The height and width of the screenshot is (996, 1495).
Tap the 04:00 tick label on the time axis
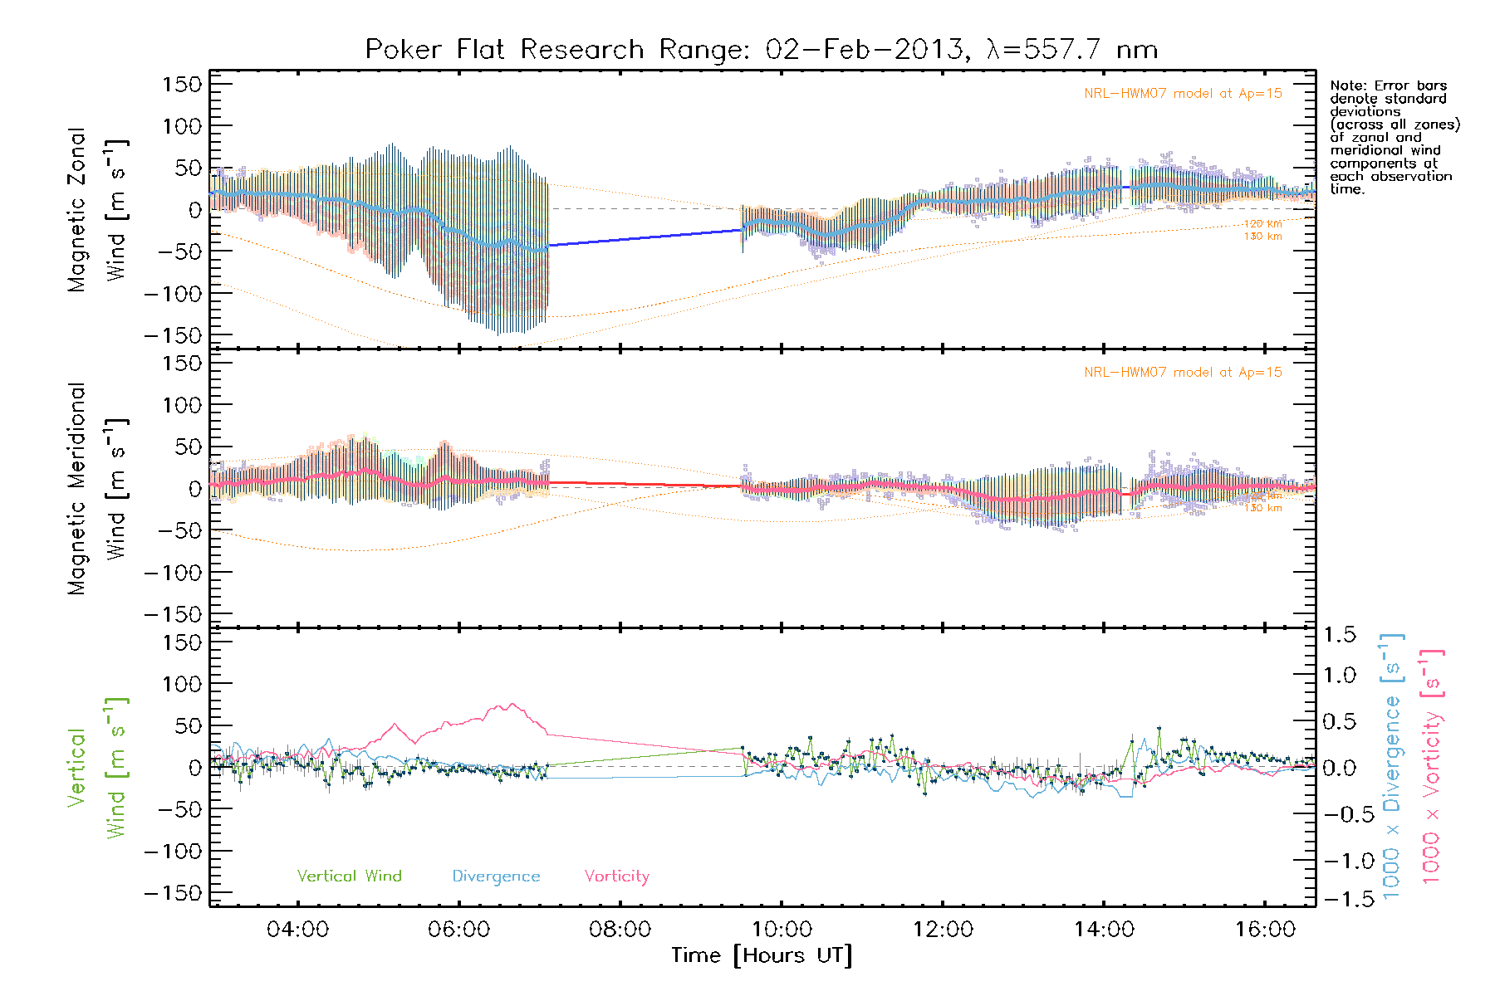click(x=297, y=930)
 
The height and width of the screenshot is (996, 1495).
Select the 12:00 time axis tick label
click(x=943, y=930)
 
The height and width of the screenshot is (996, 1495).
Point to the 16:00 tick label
click(x=1265, y=930)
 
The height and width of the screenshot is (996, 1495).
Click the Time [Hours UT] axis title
click(x=762, y=956)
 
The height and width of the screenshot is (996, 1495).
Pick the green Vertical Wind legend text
click(x=349, y=876)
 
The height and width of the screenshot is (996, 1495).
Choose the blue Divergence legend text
click(x=496, y=876)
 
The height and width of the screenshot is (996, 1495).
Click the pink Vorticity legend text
click(x=616, y=876)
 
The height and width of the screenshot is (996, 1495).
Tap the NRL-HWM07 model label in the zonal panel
click(x=1183, y=94)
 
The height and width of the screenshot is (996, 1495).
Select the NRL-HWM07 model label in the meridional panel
click(x=1183, y=373)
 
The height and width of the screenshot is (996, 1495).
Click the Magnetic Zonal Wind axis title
click(x=98, y=209)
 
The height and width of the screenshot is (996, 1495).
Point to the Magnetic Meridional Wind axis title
click(x=98, y=488)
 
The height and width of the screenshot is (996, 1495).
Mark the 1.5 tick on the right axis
click(x=1340, y=635)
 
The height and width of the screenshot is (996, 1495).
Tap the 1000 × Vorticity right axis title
click(x=1432, y=765)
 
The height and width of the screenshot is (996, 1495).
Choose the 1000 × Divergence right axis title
click(x=1392, y=765)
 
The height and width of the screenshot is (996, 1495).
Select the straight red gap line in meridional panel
click(x=645, y=484)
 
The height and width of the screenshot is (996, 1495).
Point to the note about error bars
click(x=1395, y=137)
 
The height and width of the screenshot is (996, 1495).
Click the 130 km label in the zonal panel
click(x=1262, y=237)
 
